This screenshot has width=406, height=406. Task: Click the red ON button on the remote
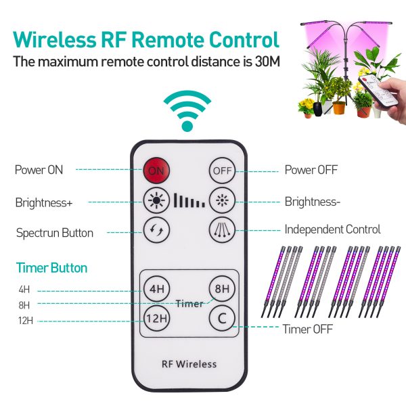(x=156, y=171)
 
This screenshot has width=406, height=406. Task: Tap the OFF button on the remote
(x=222, y=171)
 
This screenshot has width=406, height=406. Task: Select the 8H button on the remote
(x=222, y=288)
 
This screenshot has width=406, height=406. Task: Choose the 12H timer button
(x=156, y=318)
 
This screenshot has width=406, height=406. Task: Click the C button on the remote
(x=222, y=318)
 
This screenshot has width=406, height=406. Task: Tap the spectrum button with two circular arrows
(x=156, y=229)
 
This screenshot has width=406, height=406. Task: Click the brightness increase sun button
(x=156, y=200)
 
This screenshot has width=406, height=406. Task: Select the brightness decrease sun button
(x=222, y=200)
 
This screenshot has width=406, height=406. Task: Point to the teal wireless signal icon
(x=187, y=110)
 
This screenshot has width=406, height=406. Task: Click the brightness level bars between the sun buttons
(x=189, y=200)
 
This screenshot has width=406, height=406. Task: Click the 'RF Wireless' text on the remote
(x=189, y=364)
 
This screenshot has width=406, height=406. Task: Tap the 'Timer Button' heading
(x=52, y=268)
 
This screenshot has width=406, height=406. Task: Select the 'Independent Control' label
(x=332, y=229)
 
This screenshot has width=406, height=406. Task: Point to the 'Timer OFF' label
(x=307, y=329)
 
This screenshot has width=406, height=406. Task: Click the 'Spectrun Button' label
(x=55, y=233)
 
